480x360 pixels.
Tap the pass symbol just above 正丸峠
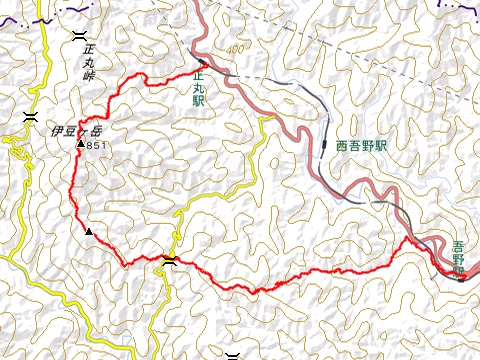pos(79,35)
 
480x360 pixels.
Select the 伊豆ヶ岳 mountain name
pos(77,131)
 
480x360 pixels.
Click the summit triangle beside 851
pos(80,146)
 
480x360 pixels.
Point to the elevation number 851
pos(96,146)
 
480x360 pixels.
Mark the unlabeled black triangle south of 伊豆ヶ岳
pos(89,233)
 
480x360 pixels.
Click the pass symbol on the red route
pos(169,261)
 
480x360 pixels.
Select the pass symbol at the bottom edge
pos(233,354)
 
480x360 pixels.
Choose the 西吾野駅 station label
pos(361,145)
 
